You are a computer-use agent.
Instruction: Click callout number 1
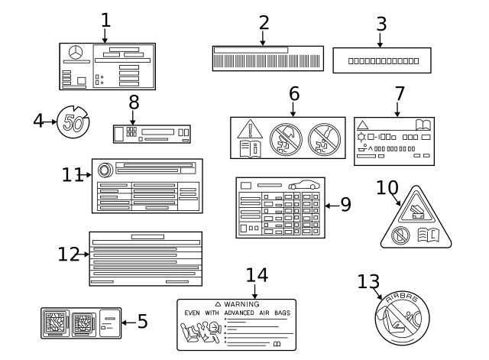(106, 18)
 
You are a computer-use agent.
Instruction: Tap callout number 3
(381, 23)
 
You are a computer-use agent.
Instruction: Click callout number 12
(67, 254)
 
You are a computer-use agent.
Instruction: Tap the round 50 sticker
(73, 122)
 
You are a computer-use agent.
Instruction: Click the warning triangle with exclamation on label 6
(248, 130)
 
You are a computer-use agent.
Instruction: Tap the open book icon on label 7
(423, 124)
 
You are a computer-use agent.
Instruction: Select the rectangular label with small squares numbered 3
(383, 60)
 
